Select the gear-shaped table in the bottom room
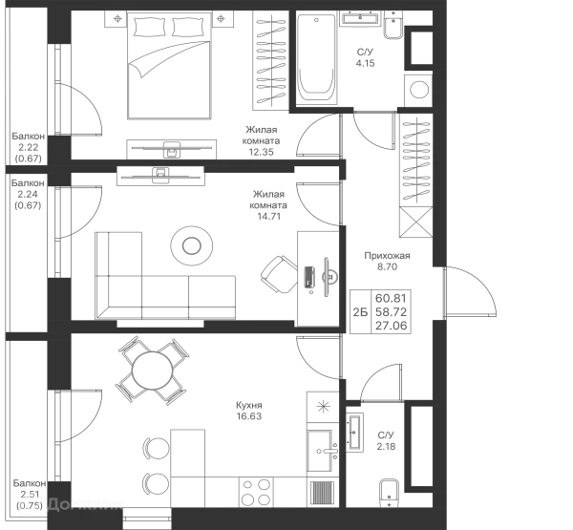tap(152, 368)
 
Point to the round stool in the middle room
tap(190, 243)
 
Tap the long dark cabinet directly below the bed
tap(172, 147)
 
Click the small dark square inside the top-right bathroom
tap(362, 57)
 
